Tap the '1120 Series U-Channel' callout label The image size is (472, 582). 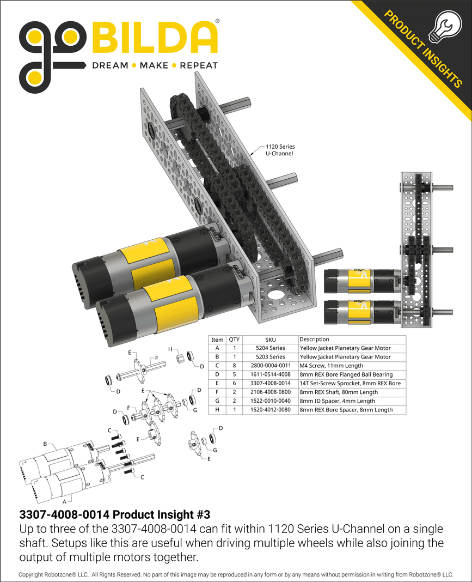coord(279,150)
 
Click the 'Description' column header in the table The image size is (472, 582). coord(314,339)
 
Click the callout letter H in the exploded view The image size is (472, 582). coord(170,349)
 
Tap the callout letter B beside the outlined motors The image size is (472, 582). coord(45,444)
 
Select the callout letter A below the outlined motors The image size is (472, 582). coord(65,500)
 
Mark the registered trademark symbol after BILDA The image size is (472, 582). coord(218,22)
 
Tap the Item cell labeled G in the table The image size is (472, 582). coord(217,401)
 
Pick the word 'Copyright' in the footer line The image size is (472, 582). coord(33,575)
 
